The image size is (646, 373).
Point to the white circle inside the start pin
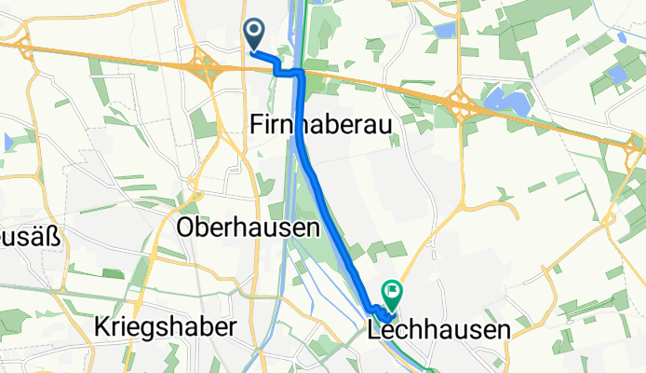255,32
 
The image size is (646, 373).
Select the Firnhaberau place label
319,124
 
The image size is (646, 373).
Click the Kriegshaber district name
166,327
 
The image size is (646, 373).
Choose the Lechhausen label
439,329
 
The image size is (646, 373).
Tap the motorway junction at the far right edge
635,145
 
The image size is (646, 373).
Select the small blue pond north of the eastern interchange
444,31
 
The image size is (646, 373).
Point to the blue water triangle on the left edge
7,143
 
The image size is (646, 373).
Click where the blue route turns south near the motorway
301,73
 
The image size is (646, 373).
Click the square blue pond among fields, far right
615,74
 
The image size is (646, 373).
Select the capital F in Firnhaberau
257,124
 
